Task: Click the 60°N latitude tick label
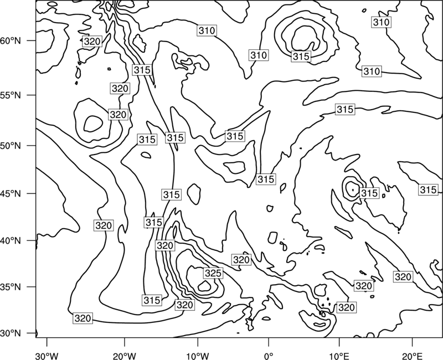point(11,41)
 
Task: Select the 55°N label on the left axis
point(11,95)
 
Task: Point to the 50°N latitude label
point(11,146)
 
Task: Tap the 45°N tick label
point(11,194)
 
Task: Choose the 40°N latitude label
point(11,241)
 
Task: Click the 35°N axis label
point(11,287)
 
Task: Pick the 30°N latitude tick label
point(11,333)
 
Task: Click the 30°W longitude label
point(47,356)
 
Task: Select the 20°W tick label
point(125,356)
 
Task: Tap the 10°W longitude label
point(197,356)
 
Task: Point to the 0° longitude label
point(269,356)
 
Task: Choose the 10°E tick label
point(339,356)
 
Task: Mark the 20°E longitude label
point(412,356)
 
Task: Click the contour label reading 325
point(213,273)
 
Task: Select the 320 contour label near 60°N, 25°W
point(92,42)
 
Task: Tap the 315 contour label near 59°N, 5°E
point(301,56)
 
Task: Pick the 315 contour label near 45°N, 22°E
point(428,190)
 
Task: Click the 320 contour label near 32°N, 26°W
point(83,318)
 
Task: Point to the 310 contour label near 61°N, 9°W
point(207,30)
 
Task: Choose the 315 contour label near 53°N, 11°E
point(345,109)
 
